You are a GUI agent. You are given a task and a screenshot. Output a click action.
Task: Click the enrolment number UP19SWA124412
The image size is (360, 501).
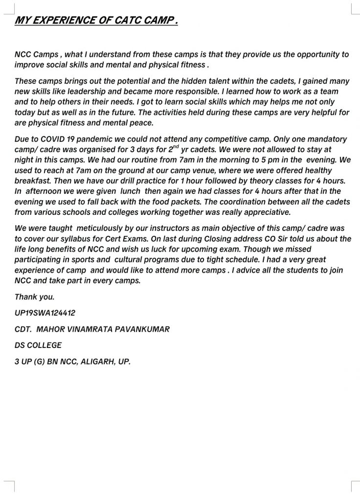[45, 313]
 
